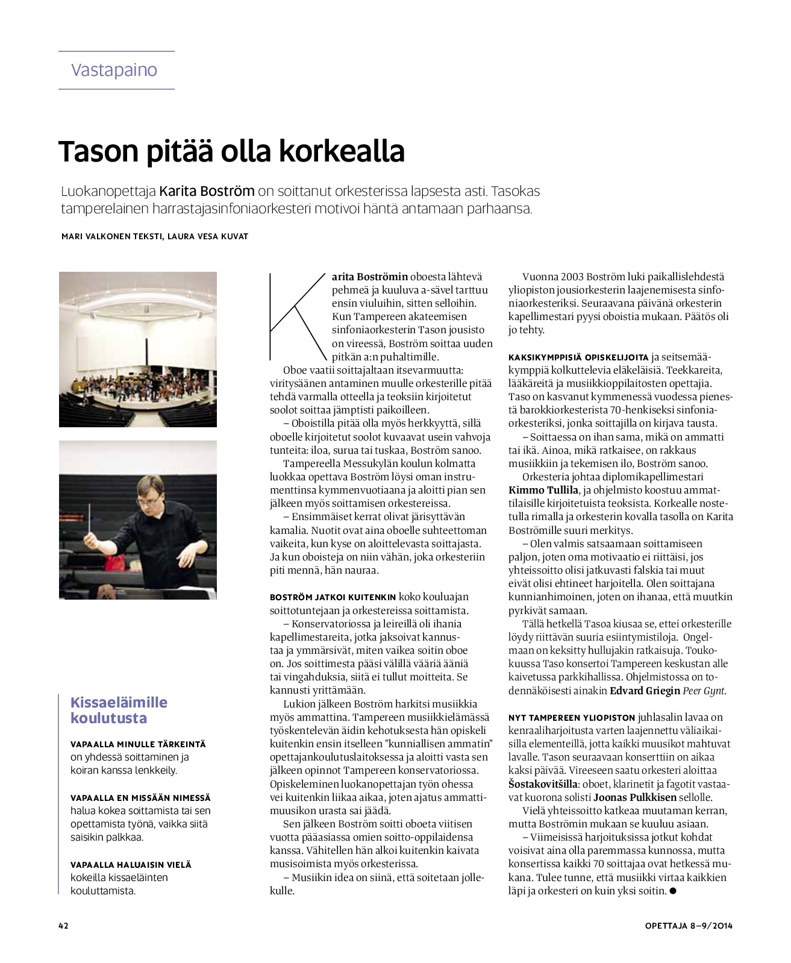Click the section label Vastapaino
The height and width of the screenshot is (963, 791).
coord(114,71)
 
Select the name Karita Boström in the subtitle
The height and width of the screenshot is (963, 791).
coord(207,192)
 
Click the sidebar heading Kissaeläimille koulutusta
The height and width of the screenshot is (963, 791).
coord(119,710)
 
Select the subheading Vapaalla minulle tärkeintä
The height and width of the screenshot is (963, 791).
coord(138,745)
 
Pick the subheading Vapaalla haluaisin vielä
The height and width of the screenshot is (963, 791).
coord(131,865)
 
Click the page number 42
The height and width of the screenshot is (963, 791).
coord(63,926)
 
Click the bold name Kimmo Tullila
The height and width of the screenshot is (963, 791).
coord(543,490)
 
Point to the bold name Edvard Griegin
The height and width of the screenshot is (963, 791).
coord(645,691)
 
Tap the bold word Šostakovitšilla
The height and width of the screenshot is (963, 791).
coord(543,784)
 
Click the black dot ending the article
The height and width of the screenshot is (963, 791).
coord(673,891)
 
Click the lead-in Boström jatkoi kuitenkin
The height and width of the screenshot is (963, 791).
coord(333,597)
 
